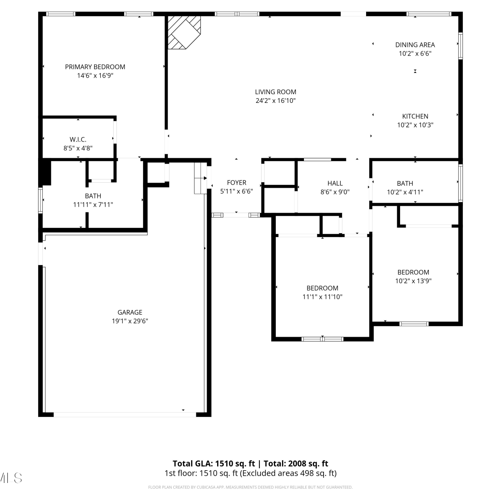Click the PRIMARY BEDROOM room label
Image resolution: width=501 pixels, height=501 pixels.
tap(95, 67)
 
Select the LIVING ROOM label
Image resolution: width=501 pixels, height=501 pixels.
tap(276, 92)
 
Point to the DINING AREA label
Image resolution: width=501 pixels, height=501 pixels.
tap(415, 45)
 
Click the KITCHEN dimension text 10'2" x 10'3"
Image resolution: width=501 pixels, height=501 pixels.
tap(415, 125)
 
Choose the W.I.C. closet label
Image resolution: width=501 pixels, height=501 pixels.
tap(78, 140)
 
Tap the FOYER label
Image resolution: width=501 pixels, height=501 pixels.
tap(236, 183)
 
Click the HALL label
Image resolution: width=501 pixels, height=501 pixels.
tap(335, 183)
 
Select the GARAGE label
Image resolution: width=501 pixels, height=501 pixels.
tap(130, 312)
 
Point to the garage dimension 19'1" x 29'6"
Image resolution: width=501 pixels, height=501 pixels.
tap(130, 321)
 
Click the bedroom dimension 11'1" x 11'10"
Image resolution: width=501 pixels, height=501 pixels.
tap(322, 297)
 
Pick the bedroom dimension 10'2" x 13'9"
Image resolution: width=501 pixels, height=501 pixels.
tap(413, 281)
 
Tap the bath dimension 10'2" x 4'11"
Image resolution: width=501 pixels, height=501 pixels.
tap(405, 192)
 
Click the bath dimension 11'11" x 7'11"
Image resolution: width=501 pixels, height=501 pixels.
tap(93, 204)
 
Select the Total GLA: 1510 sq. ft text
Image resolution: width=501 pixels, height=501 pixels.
tap(214, 464)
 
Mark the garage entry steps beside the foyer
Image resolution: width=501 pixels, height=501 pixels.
tap(201, 178)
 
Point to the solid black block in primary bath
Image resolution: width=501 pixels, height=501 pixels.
tap(45, 172)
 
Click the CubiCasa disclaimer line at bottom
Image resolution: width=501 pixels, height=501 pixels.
tap(250, 487)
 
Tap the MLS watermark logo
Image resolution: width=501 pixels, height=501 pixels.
tap(11, 478)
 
